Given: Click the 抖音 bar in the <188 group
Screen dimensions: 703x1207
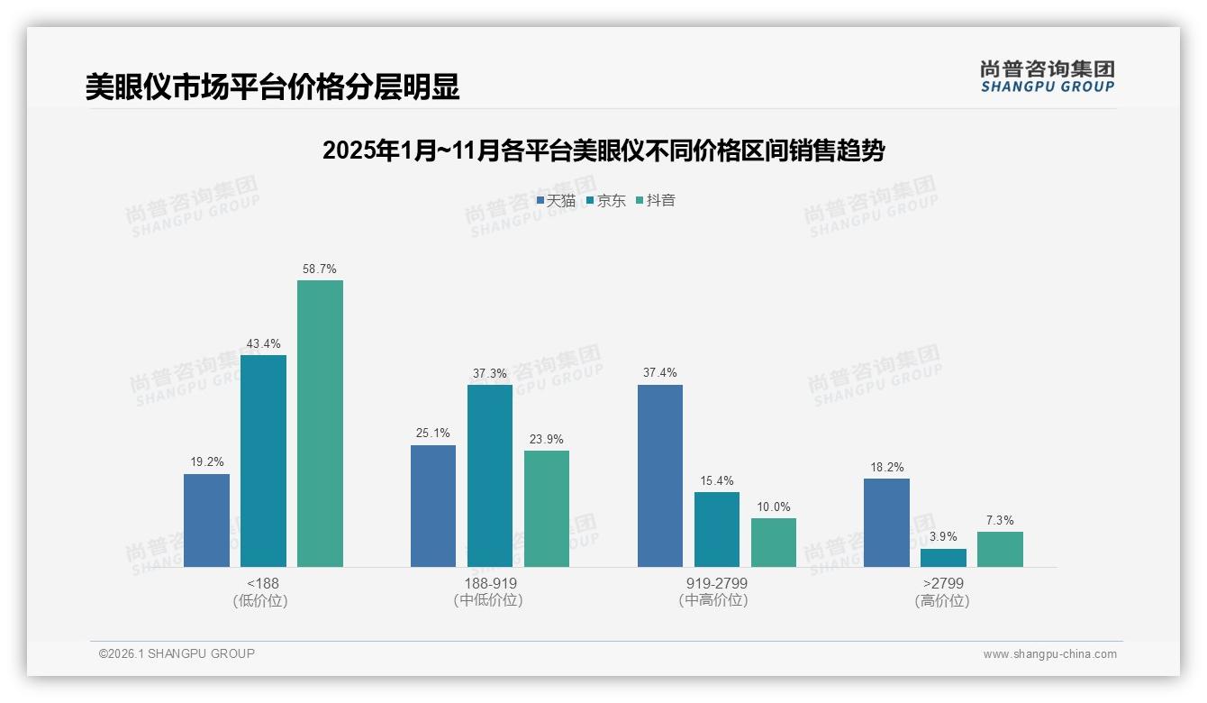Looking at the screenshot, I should tap(320, 424).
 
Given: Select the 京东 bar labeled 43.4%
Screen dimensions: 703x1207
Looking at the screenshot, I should tap(263, 461).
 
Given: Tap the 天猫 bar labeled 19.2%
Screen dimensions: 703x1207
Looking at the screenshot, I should tap(206, 520).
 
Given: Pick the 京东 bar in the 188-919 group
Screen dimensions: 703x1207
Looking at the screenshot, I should tap(489, 476).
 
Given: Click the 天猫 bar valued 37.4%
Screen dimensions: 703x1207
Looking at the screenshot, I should tap(659, 476).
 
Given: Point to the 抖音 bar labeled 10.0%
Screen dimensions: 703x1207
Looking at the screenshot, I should tap(774, 543).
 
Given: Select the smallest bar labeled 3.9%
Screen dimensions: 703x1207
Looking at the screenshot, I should tap(943, 558).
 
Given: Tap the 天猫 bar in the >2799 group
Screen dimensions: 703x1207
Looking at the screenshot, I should tap(886, 523).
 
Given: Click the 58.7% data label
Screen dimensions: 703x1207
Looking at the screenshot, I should tap(320, 269).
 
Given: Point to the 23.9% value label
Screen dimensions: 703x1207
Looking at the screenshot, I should tap(547, 440).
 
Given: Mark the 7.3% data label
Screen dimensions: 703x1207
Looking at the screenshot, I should tap(1000, 520).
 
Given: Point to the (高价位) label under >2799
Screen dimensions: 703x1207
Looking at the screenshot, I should tap(942, 600).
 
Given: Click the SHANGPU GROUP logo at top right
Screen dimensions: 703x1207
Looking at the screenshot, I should tap(1047, 76).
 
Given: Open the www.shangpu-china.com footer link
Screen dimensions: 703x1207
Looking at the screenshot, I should tap(1049, 654).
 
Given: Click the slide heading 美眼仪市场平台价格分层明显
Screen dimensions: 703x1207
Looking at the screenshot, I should tap(272, 87).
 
